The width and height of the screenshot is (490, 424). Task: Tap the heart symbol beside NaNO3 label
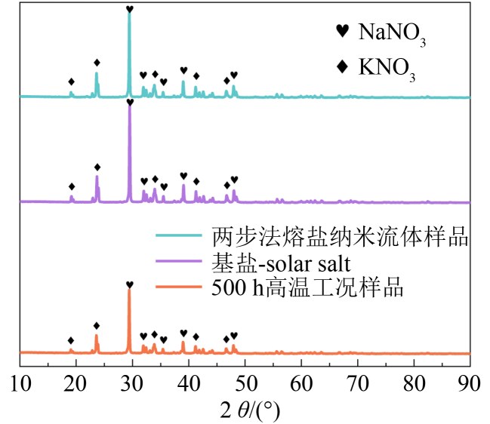[x=343, y=31]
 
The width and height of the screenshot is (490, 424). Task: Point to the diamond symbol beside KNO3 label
[x=343, y=66]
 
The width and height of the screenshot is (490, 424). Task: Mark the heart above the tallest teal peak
[x=130, y=9]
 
